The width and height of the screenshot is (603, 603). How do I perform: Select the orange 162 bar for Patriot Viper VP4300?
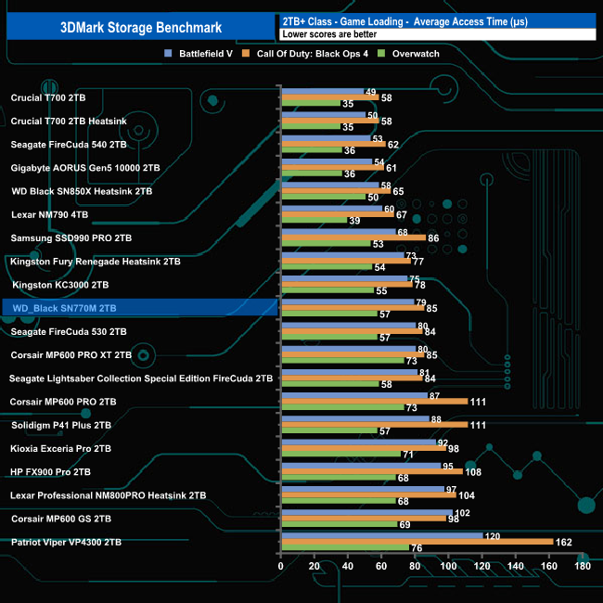point(417,541)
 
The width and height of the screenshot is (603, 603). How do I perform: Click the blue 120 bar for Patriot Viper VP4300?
point(381,534)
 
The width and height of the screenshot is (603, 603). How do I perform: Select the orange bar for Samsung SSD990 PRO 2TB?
point(353,237)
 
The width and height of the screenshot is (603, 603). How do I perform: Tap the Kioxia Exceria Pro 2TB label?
point(60,448)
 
